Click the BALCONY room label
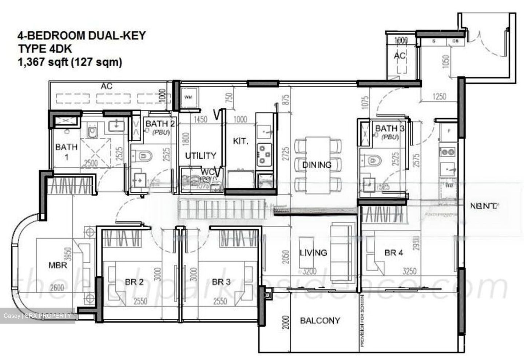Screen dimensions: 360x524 [320, 320]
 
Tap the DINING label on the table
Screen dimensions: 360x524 [317, 165]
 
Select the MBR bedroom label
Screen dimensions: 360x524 [58, 265]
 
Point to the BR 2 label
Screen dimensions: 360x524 [134, 282]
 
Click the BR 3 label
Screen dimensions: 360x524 [221, 282]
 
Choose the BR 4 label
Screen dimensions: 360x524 [394, 252]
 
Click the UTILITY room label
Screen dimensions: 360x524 [201, 156]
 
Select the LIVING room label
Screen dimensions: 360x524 [313, 252]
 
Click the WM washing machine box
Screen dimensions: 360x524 [188, 97]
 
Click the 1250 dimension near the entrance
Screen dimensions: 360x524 [439, 97]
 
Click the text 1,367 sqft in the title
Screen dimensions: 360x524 [43, 62]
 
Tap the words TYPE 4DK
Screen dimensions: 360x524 [45, 49]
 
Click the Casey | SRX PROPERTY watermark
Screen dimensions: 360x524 [37, 316]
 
